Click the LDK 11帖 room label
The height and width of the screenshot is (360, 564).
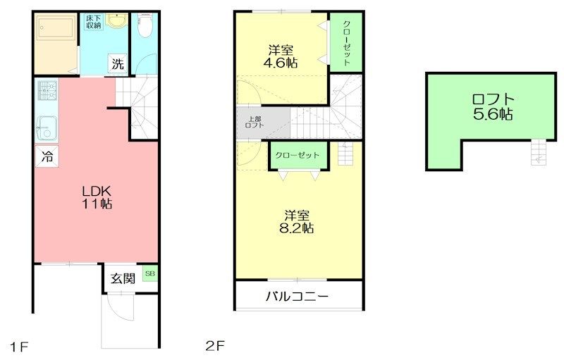[97, 197]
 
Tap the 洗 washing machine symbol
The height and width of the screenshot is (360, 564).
[118, 64]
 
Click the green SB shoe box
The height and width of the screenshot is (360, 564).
[149, 273]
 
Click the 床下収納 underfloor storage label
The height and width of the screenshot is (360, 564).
[93, 21]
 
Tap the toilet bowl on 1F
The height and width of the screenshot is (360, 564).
[145, 27]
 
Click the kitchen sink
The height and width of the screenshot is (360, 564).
[48, 129]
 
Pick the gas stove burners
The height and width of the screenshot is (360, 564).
[47, 89]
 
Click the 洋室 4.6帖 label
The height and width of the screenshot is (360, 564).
[281, 56]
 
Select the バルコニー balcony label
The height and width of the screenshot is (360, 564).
[297, 297]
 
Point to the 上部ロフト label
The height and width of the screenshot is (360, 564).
[254, 122]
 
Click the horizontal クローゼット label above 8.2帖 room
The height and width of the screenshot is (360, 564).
[297, 155]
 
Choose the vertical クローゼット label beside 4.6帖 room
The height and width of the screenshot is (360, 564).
[346, 42]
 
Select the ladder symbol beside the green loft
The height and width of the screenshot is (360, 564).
[539, 151]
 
